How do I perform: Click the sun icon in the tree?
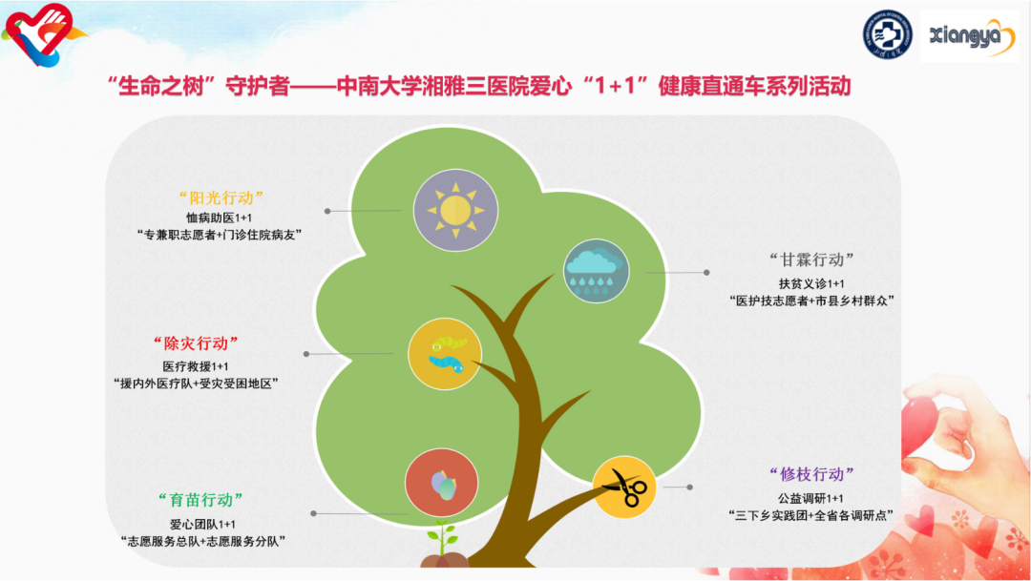(455, 210)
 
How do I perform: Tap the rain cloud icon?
(596, 271)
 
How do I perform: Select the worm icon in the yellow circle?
(445, 354)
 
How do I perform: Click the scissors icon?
(624, 487)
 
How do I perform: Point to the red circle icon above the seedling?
(442, 484)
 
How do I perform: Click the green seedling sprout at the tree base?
(443, 537)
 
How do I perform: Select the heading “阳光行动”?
(221, 197)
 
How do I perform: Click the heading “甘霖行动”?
(812, 259)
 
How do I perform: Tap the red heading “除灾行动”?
(196, 343)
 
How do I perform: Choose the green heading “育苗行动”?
(201, 500)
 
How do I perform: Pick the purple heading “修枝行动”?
(812, 474)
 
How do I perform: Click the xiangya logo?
(969, 35)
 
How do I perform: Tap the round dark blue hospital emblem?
(888, 34)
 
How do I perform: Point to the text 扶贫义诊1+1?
(812, 284)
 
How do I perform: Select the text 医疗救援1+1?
(196, 366)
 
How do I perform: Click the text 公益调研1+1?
(810, 498)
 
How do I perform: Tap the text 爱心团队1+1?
(202, 525)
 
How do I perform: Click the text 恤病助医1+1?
(220, 218)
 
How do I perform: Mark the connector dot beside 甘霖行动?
(706, 272)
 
